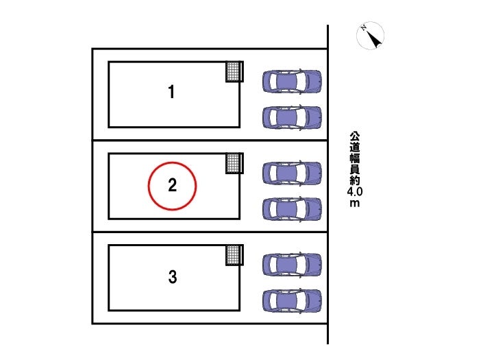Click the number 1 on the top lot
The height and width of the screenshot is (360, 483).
(x=171, y=92)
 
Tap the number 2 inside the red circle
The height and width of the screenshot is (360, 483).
(x=173, y=185)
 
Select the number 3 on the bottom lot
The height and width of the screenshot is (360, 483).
(x=173, y=276)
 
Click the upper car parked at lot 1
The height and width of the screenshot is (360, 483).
(x=292, y=82)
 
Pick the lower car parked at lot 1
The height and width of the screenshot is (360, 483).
(x=292, y=117)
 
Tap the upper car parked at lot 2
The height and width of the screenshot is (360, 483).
(x=292, y=173)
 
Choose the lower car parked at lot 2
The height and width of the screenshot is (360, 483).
(x=292, y=209)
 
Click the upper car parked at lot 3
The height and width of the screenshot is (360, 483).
(x=292, y=265)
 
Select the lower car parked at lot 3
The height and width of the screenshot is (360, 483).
(x=292, y=300)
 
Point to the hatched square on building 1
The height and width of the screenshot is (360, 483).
(x=234, y=71)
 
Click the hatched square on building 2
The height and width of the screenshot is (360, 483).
(x=234, y=163)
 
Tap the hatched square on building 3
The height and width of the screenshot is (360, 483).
(x=234, y=255)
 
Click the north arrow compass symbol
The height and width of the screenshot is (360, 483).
(x=370, y=36)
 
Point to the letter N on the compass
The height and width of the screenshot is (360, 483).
(x=364, y=28)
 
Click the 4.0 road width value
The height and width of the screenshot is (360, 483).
(x=355, y=192)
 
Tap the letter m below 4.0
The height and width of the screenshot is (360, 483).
(x=355, y=204)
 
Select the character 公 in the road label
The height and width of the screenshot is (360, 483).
(x=355, y=136)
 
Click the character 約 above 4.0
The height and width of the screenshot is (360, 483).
(x=355, y=180)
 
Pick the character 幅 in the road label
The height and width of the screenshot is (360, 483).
(x=355, y=158)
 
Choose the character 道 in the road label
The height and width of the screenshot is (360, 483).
(x=355, y=147)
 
